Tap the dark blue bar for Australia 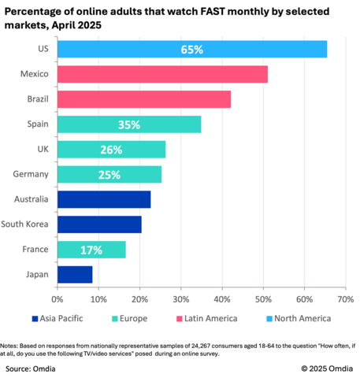[x=103, y=198]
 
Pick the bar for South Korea [x=99, y=224]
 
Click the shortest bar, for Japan [x=75, y=274]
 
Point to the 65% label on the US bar [x=191, y=49]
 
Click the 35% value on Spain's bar [x=129, y=124]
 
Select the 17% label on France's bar [x=91, y=249]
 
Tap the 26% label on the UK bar [x=111, y=150]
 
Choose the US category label [x=43, y=49]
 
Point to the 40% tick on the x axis [x=222, y=299]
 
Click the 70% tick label [x=345, y=299]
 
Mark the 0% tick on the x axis [x=58, y=299]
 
